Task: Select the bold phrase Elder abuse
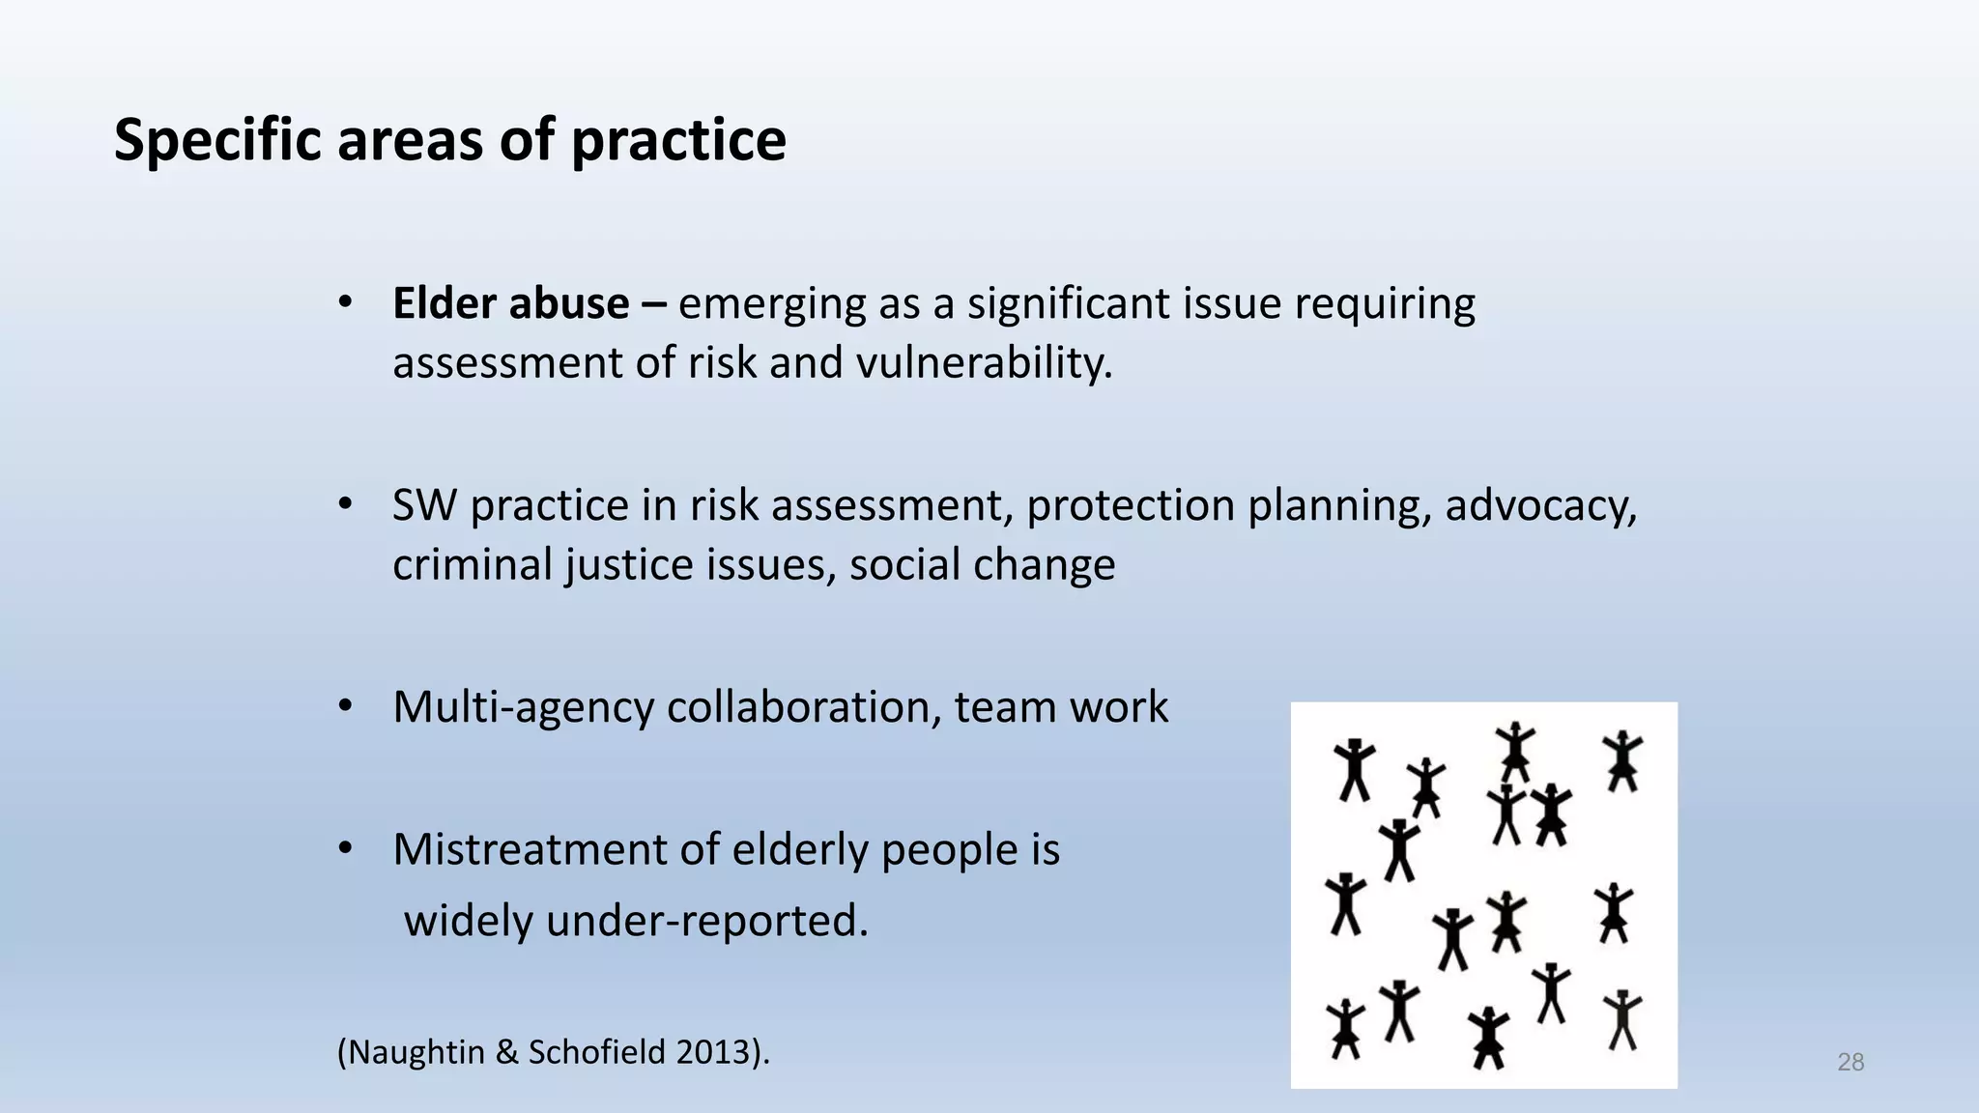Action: coord(511,303)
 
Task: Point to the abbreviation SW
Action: coord(423,505)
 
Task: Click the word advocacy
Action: coord(1540,505)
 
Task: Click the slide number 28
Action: coord(1850,1063)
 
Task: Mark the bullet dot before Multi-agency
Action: coord(345,707)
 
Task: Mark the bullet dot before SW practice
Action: coord(345,505)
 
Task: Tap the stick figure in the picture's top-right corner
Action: coord(1621,760)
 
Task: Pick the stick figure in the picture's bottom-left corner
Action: coord(1345,1029)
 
